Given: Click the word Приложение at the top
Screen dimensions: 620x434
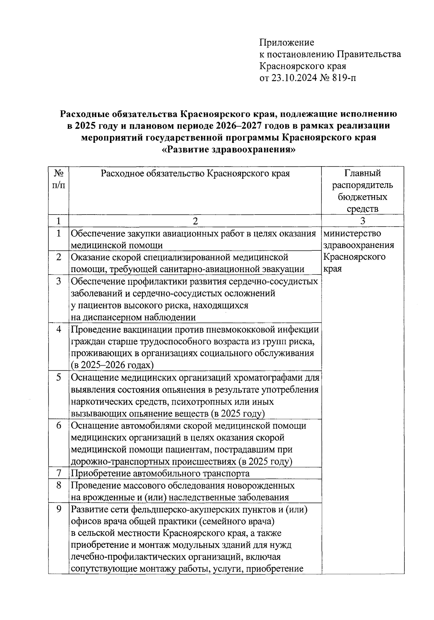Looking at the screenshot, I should (x=287, y=43).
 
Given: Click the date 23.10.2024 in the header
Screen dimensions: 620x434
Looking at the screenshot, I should (x=294, y=78).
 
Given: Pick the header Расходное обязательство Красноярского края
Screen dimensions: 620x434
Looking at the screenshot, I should (x=195, y=174).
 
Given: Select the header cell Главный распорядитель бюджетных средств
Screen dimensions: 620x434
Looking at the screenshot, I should (x=362, y=191).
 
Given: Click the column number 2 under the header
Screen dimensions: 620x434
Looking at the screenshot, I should (x=195, y=221).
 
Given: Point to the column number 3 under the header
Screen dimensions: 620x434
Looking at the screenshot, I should (x=363, y=221).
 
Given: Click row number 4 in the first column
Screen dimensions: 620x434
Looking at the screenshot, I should (x=59, y=330).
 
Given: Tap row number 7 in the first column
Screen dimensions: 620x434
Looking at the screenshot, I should (x=59, y=473).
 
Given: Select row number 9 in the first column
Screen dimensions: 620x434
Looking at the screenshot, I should (x=59, y=509).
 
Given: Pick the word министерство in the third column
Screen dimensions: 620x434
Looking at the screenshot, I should (x=352, y=233).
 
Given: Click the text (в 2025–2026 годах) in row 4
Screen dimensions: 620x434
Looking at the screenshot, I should (x=112, y=365).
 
